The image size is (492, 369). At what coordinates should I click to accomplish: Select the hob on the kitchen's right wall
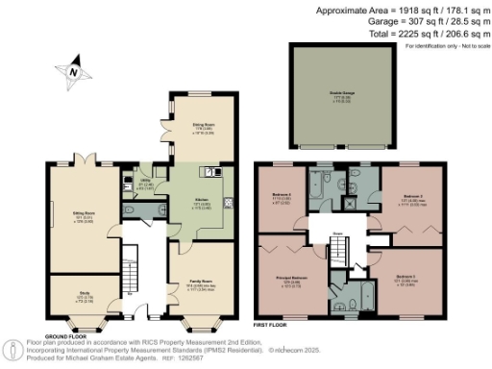[x=228, y=202]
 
